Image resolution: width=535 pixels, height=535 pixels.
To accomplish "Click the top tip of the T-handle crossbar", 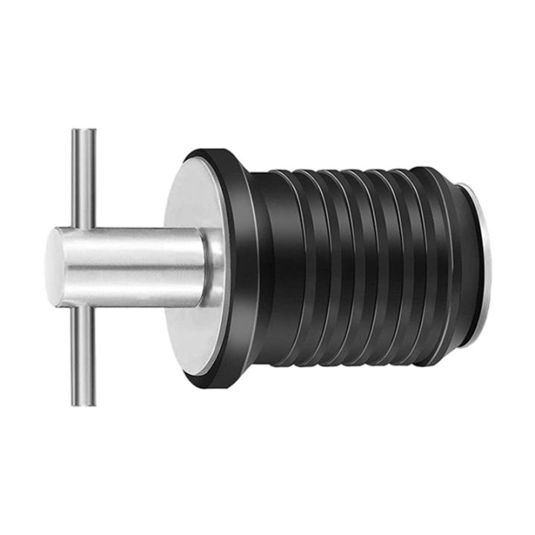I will [x=83, y=132].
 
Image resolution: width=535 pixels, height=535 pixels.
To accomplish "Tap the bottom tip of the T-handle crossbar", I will [x=83, y=403].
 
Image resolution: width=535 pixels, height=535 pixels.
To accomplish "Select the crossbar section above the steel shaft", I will [x=83, y=178].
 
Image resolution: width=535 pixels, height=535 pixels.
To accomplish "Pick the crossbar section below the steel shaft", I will [x=83, y=357].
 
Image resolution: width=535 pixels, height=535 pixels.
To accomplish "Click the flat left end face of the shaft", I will [x=53, y=267].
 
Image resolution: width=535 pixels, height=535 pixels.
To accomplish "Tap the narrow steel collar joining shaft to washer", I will [x=214, y=267].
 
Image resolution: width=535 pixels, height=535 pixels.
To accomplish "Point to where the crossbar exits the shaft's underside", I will [x=83, y=307].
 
